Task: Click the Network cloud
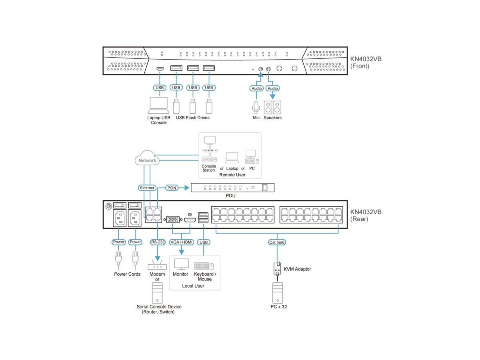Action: (147, 159)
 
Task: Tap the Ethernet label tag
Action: (147, 188)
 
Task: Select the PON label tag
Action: (171, 188)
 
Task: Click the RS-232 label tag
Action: (158, 242)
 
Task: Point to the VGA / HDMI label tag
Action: (182, 242)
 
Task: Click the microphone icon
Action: (256, 107)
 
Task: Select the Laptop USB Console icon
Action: (159, 105)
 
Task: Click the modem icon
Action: (157, 266)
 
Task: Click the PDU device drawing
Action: (233, 188)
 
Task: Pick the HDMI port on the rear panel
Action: (190, 220)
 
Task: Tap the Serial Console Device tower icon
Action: (157, 293)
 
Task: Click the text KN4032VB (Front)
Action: (366, 62)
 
